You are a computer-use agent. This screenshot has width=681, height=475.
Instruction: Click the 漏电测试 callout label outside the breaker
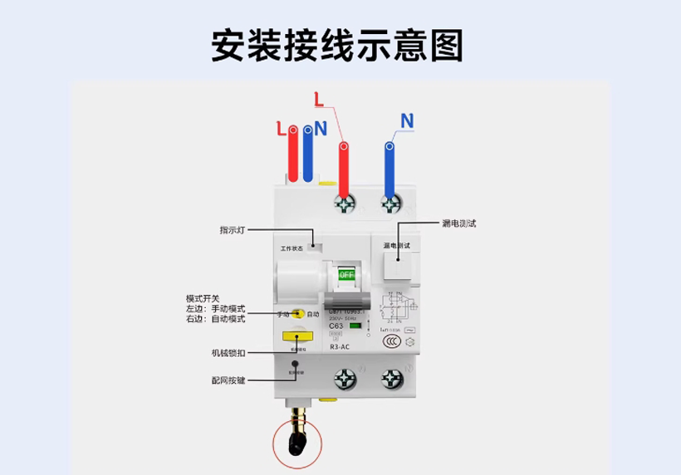(x=459, y=223)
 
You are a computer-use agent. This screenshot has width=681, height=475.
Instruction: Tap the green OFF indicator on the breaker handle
(x=346, y=274)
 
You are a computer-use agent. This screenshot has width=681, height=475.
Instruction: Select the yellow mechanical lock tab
(x=293, y=338)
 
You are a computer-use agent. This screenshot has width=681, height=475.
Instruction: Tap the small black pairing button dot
(x=294, y=363)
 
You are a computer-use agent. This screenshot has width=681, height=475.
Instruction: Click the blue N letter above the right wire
(x=406, y=121)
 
